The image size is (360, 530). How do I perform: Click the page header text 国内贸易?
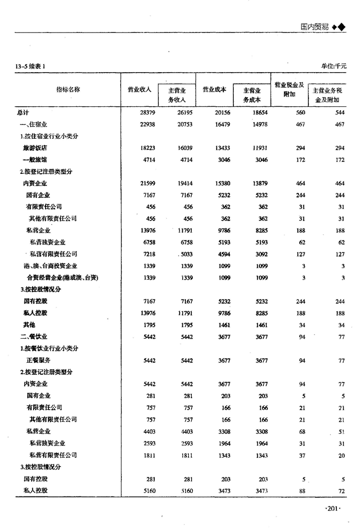[315, 27]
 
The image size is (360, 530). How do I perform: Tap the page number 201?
[333, 508]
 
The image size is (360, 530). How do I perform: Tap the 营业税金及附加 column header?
[289, 89]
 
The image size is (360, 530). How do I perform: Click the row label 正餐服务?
[38, 360]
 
